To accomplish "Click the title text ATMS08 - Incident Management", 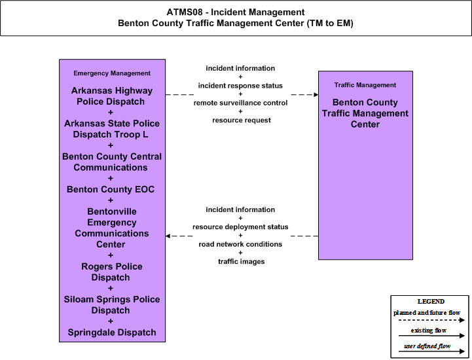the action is (x=236, y=12).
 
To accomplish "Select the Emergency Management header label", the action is (x=112, y=73).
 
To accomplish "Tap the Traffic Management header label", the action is (x=365, y=85).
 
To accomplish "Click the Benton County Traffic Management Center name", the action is (x=365, y=113).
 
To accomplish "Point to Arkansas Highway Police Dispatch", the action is (x=112, y=96).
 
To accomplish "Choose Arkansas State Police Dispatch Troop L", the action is (x=112, y=129).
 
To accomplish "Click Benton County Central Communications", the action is (x=112, y=162).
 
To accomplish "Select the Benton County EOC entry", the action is (x=111, y=189).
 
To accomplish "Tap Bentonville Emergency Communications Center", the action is (x=112, y=228).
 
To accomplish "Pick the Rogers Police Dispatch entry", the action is (x=112, y=272).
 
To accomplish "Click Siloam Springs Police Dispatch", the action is (x=112, y=304).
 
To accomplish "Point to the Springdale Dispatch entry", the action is (x=112, y=333).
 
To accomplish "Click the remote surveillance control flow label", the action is (x=240, y=103).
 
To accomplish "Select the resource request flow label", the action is (x=242, y=120).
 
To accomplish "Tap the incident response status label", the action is (x=240, y=86).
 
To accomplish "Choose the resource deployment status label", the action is (x=240, y=226).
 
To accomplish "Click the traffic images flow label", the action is (x=242, y=262).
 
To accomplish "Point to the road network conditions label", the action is (x=240, y=244).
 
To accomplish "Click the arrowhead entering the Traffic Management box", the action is (x=316, y=94).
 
